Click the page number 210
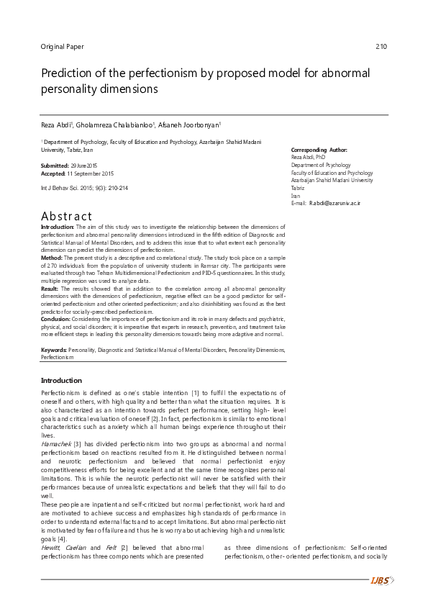click(381, 47)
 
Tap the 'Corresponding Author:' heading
click(319, 150)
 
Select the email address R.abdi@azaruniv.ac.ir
click(334, 204)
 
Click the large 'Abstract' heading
click(66, 216)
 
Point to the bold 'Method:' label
click(52, 257)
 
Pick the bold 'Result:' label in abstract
click(51, 287)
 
